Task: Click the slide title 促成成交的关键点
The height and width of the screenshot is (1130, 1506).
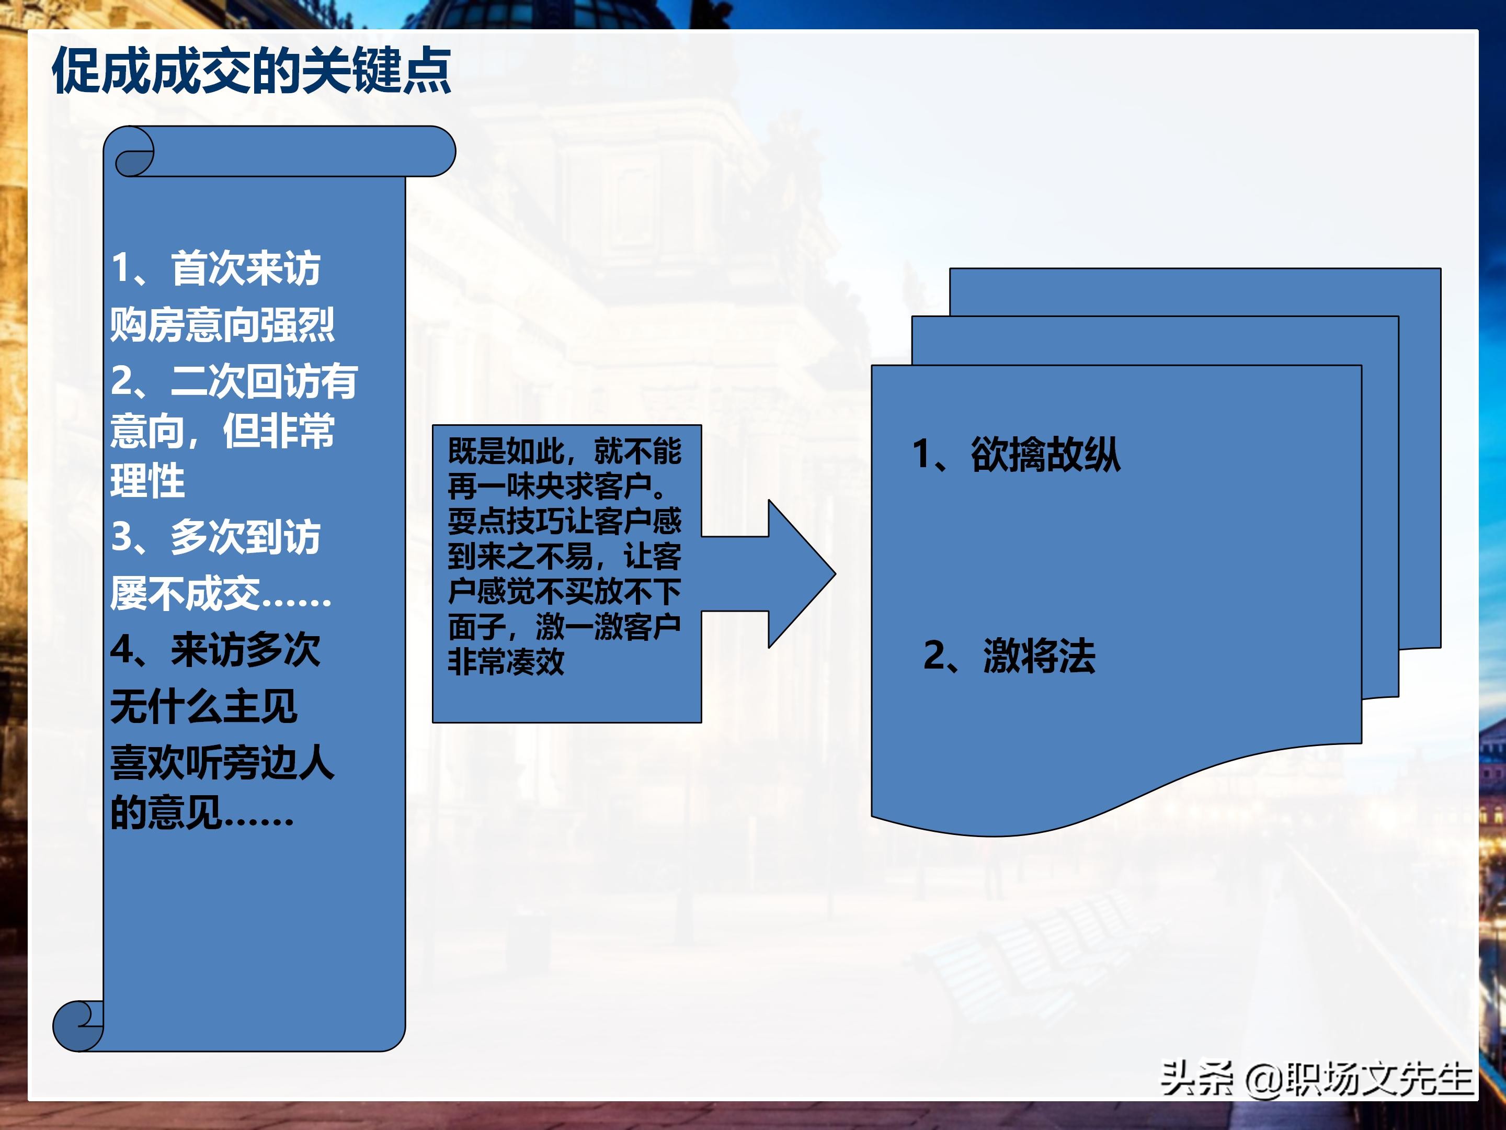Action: coord(251,71)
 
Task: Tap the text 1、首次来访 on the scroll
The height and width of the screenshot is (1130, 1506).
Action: coord(215,268)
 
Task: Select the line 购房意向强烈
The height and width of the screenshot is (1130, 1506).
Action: coord(222,324)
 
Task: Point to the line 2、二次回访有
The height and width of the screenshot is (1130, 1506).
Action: coord(234,381)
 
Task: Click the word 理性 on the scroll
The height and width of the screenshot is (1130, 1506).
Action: coord(147,481)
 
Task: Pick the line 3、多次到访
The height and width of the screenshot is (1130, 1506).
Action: coord(215,537)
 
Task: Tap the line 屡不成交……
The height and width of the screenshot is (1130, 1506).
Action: coord(221,593)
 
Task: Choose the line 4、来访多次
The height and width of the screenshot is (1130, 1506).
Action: coord(215,650)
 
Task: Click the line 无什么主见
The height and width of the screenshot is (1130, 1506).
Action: coord(203,706)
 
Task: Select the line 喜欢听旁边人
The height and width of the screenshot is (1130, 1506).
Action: coord(222,762)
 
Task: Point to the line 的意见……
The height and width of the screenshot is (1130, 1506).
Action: coord(201,812)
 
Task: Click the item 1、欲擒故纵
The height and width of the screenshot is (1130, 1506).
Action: coord(1016,454)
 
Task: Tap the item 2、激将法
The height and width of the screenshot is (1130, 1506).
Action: coord(1009,657)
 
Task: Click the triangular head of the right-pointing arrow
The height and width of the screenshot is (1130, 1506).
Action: coord(800,573)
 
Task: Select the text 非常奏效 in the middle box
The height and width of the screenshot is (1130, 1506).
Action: coord(506,661)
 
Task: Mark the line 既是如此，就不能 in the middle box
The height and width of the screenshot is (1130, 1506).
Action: coord(564,451)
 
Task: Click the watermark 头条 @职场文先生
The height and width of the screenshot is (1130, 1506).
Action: coord(1316,1079)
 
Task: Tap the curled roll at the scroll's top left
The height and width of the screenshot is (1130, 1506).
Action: coord(133,153)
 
